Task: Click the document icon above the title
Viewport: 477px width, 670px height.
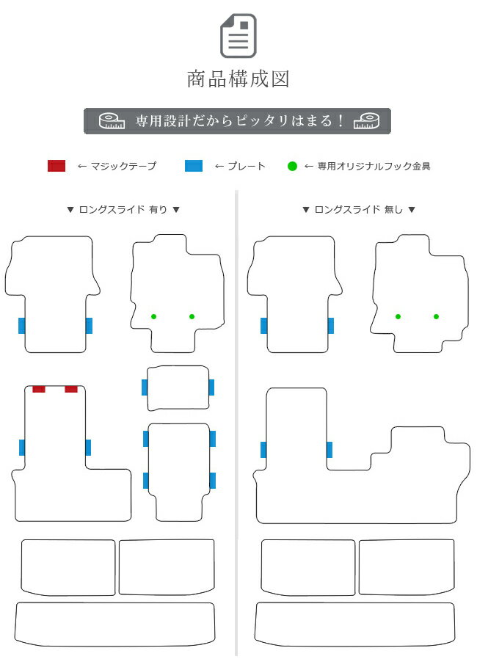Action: point(238,36)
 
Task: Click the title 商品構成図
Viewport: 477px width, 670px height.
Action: point(238,79)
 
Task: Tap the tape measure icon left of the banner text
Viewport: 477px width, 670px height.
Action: point(112,121)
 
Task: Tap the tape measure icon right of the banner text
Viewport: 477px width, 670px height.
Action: point(366,121)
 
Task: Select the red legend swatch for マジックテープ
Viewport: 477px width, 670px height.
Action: point(57,166)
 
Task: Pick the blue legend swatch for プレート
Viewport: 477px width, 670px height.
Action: point(194,166)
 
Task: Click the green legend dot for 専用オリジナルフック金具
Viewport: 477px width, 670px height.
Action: point(292,167)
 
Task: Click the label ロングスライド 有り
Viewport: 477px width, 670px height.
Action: point(123,209)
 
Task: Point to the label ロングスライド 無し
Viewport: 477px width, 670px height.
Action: point(359,209)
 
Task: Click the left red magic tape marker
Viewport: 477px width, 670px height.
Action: point(39,389)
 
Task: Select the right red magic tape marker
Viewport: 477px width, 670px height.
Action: point(71,389)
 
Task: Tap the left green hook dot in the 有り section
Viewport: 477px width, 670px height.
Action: point(153,316)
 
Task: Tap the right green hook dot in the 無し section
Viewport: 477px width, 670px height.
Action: point(436,316)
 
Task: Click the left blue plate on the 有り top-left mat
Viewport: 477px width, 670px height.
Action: point(22,326)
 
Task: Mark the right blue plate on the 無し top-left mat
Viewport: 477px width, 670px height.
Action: point(331,326)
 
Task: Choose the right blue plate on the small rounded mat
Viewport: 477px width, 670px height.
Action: point(211,387)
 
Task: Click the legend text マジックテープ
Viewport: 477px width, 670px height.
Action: point(123,166)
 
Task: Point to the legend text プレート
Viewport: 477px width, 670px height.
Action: point(246,166)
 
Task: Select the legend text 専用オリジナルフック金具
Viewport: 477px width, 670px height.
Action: point(374,167)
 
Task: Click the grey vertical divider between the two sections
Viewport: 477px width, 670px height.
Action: point(236,423)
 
